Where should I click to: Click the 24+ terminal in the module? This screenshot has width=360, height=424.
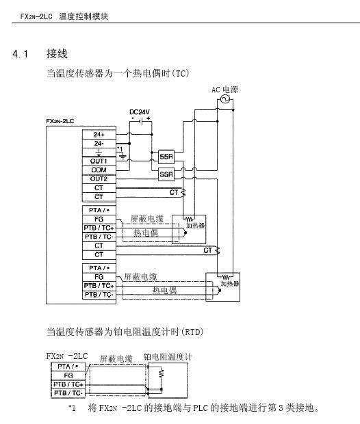pyautogui.click(x=99, y=135)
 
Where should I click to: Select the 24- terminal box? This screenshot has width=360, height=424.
pyautogui.click(x=99, y=144)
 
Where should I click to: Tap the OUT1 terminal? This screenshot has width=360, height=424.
pyautogui.click(x=99, y=161)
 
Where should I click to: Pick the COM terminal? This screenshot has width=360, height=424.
pyautogui.click(x=99, y=170)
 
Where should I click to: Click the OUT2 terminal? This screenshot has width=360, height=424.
pyautogui.click(x=99, y=179)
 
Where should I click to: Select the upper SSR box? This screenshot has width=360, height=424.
pyautogui.click(x=166, y=157)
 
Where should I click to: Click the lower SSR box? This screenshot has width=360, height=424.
pyautogui.click(x=166, y=174)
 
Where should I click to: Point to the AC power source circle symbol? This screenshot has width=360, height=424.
pyautogui.click(x=225, y=100)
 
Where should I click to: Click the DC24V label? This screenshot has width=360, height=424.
pyautogui.click(x=140, y=112)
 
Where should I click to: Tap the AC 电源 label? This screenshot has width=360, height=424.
pyautogui.click(x=224, y=90)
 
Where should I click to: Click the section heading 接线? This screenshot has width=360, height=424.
pyautogui.click(x=57, y=53)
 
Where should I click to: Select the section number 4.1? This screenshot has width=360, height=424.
pyautogui.click(x=21, y=54)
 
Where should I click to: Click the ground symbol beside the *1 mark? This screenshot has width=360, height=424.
pyautogui.click(x=123, y=157)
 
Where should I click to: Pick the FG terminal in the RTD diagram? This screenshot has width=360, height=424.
pyautogui.click(x=68, y=375)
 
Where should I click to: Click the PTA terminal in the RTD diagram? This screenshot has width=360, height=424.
pyautogui.click(x=68, y=367)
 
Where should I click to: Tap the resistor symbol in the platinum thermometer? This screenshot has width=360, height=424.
pyautogui.click(x=162, y=373)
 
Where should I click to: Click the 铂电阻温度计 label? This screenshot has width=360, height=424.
pyautogui.click(x=168, y=357)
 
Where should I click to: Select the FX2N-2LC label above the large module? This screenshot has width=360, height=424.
pyautogui.click(x=60, y=121)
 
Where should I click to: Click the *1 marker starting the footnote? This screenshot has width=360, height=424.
pyautogui.click(x=72, y=408)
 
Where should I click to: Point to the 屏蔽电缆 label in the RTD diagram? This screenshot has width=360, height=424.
pyautogui.click(x=116, y=359)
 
